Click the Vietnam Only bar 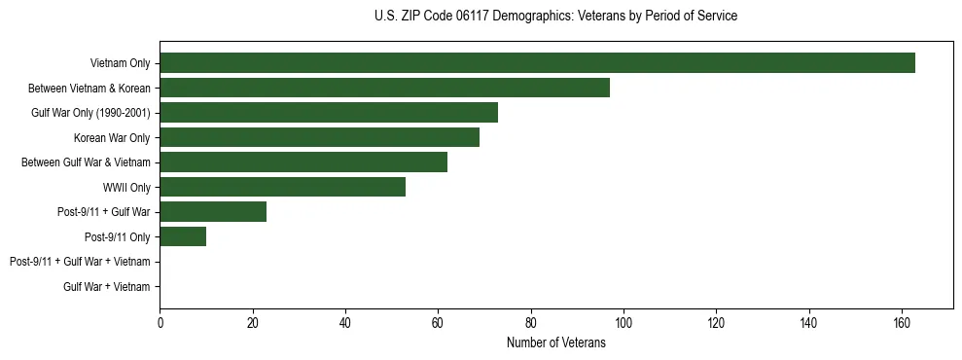point(537,63)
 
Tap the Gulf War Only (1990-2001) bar point(329,112)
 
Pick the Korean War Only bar point(319,137)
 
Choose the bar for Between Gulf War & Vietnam point(303,162)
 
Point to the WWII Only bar point(282,187)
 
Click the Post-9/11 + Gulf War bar point(213,211)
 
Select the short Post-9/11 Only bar point(183,236)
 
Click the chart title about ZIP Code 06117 point(555,17)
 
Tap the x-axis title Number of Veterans point(555,342)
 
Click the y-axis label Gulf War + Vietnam point(107,286)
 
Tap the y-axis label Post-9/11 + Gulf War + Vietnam point(80,262)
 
